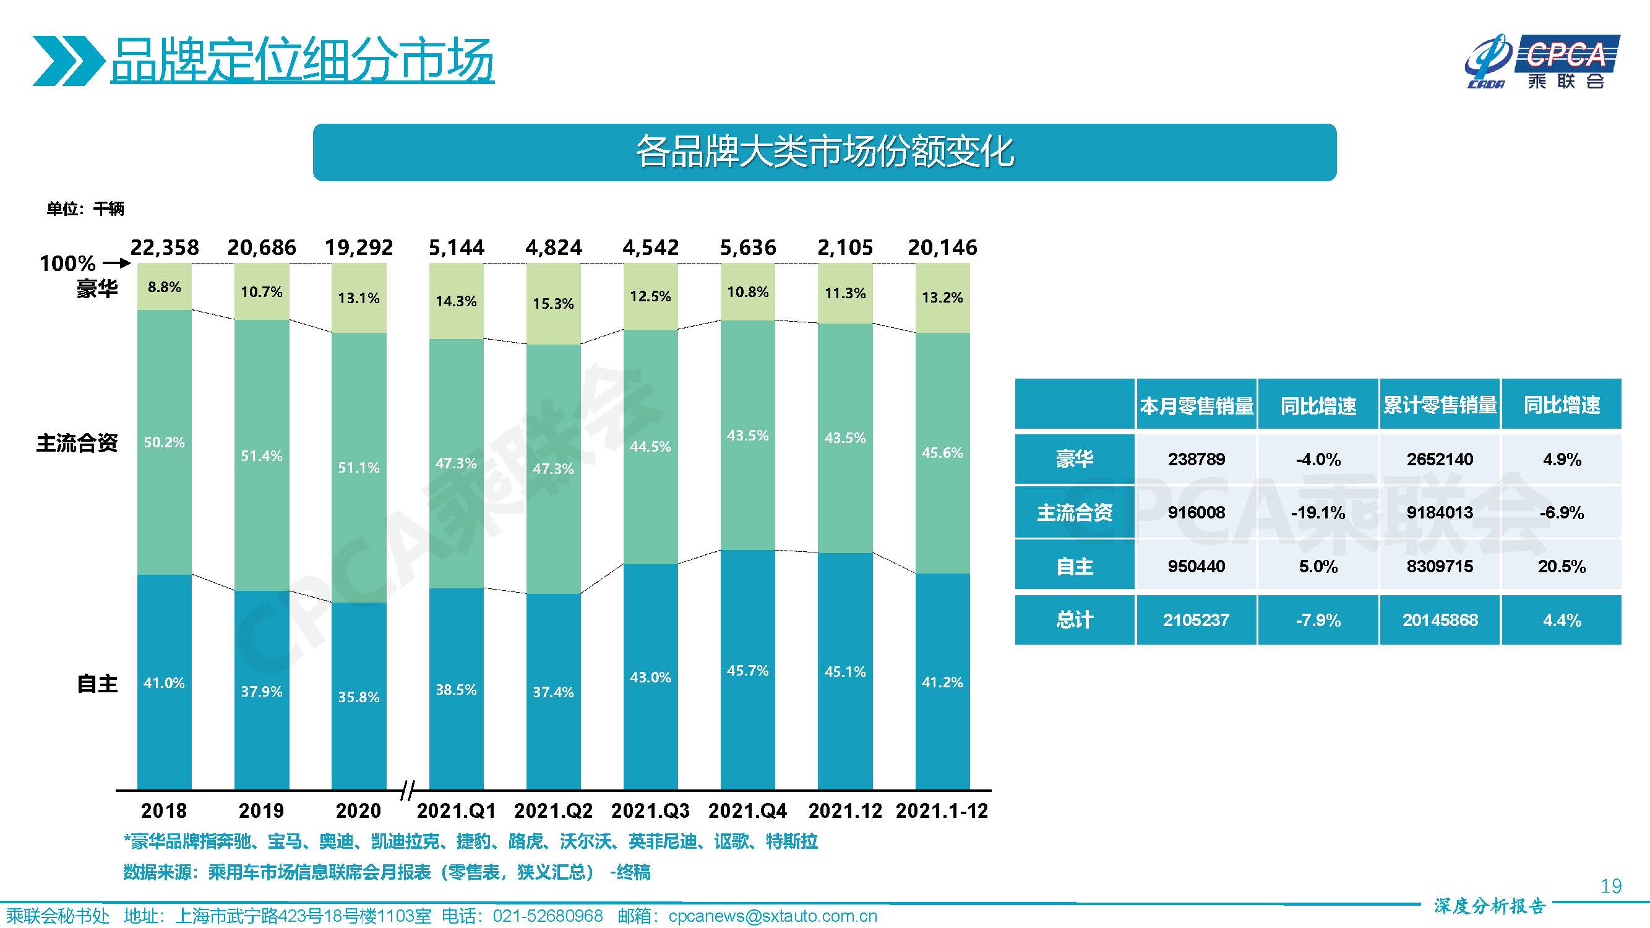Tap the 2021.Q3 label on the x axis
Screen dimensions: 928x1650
coord(650,811)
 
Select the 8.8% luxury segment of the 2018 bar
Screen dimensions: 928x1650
coord(164,287)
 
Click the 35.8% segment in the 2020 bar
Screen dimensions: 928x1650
coord(359,697)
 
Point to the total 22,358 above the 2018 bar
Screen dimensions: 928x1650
coord(165,247)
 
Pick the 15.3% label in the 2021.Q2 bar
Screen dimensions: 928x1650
coord(554,304)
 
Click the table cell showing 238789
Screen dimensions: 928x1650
coord(1196,459)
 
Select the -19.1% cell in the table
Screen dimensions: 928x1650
coord(1318,512)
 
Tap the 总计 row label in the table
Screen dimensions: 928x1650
coord(1074,620)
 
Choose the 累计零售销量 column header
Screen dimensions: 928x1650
coord(1439,405)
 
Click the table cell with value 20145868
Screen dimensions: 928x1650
coord(1439,620)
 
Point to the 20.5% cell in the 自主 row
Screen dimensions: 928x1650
coord(1561,566)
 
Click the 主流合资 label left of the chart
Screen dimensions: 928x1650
coord(77,443)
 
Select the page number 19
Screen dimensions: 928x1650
coord(1610,887)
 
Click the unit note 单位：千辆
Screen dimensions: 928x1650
coord(85,208)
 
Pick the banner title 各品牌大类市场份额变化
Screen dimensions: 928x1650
coord(823,152)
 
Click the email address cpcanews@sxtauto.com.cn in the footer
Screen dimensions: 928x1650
coord(772,916)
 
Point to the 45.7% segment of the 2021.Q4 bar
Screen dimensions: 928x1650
coord(747,671)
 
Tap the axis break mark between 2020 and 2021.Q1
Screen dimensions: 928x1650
coord(407,790)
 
